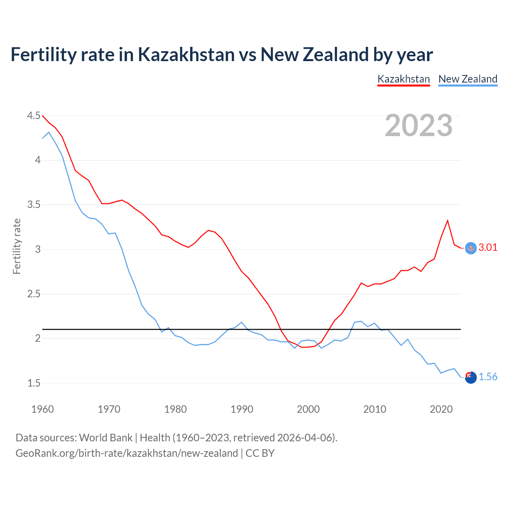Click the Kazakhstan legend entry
[x=404, y=79]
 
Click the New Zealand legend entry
[x=468, y=79]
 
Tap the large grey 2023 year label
[x=419, y=125]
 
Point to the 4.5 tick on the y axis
[x=34, y=115]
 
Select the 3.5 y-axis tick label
[x=34, y=205]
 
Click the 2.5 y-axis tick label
[x=34, y=294]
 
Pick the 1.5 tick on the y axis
[x=34, y=383]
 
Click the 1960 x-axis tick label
[x=42, y=409]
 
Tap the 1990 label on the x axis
[x=242, y=409]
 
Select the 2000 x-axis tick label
[x=308, y=409]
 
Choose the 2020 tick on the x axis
[x=441, y=409]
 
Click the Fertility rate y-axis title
[x=17, y=246]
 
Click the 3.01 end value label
[x=488, y=248]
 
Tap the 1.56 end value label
[x=488, y=377]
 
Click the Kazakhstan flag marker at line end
[x=471, y=248]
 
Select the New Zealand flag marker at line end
[x=471, y=377]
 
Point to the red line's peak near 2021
[x=448, y=220]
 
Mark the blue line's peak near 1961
[x=49, y=132]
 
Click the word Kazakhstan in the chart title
[x=186, y=54]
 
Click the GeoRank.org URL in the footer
[x=127, y=453]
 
